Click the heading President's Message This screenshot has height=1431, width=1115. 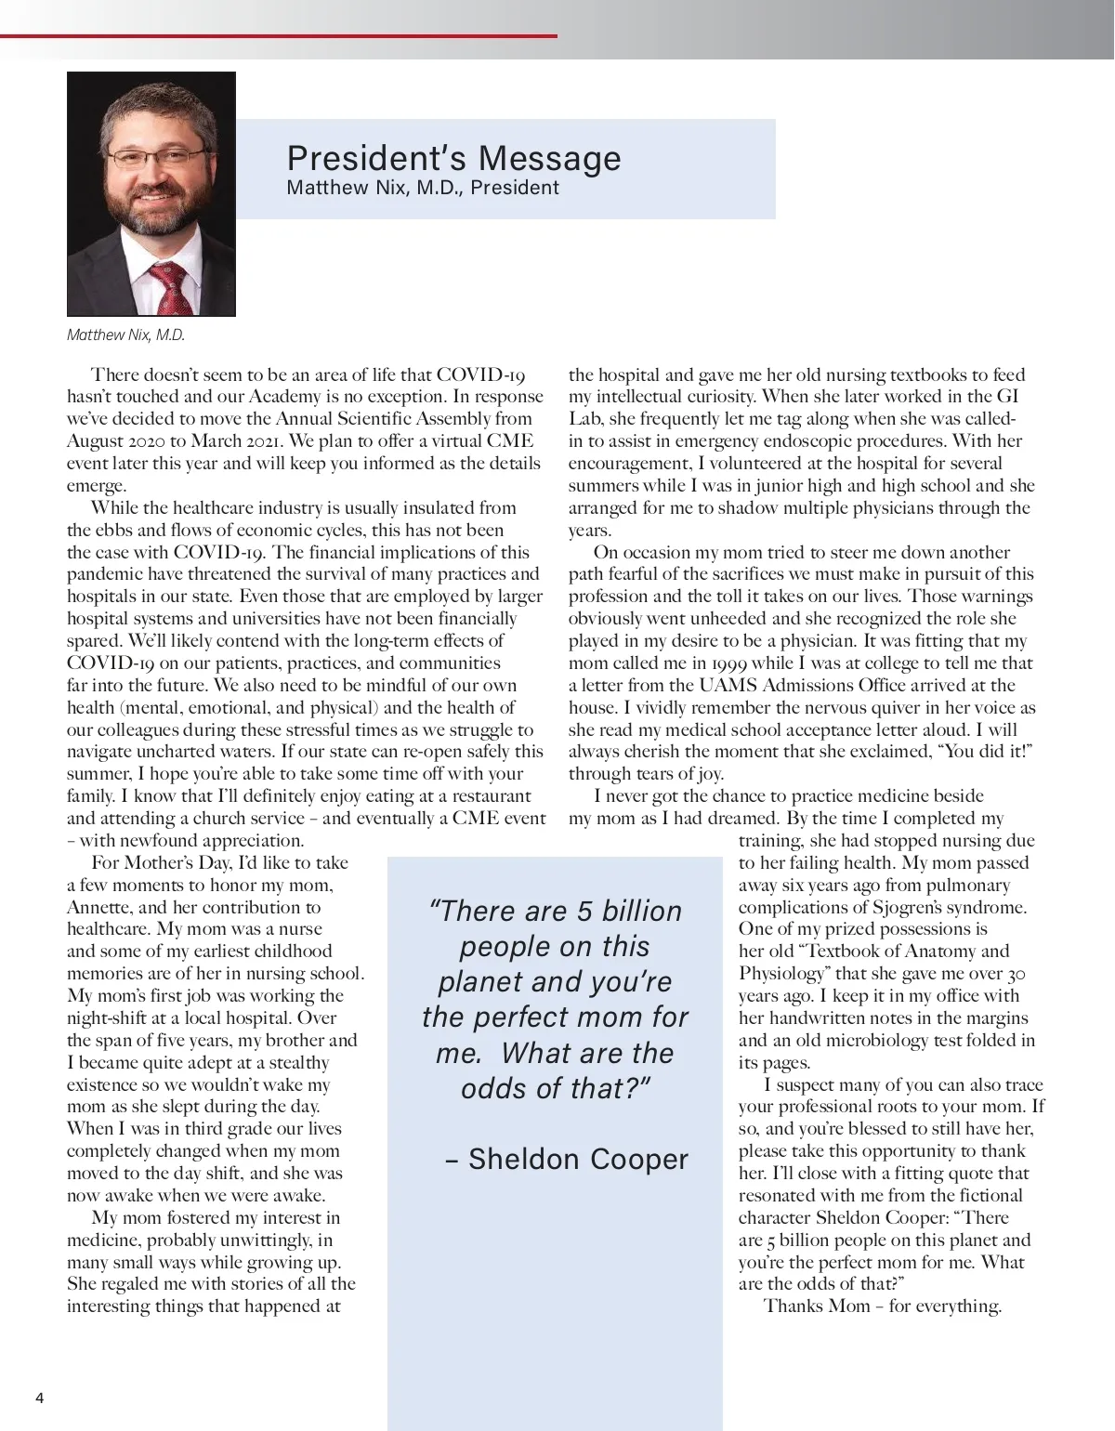[453, 158]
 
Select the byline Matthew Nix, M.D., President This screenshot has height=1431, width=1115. [423, 188]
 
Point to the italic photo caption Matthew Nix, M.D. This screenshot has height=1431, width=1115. [125, 335]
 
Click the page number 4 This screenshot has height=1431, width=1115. [39, 1398]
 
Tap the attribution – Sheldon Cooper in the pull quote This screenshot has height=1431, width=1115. [567, 1159]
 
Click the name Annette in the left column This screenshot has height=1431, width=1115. [99, 908]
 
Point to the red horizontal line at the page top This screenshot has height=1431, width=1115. [279, 36]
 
